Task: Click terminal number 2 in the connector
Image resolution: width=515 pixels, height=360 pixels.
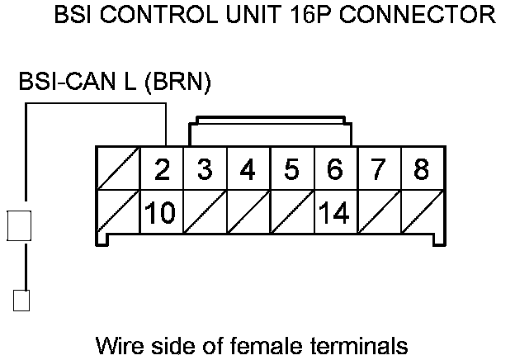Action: pos(163,169)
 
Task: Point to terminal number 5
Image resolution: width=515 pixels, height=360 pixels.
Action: pos(292,169)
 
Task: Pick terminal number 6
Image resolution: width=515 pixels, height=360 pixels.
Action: pos(335,169)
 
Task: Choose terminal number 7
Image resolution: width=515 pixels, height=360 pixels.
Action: pos(378,169)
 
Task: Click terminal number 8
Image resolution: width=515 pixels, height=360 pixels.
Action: pos(421,169)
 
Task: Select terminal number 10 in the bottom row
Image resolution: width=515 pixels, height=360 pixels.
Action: pos(160,213)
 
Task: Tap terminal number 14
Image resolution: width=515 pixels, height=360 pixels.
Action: pos(333,213)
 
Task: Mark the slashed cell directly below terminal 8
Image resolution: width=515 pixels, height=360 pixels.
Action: pos(421,213)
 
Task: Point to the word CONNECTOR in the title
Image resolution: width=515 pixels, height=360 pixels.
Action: pos(421,15)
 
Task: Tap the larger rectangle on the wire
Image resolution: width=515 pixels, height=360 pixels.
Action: pos(19,225)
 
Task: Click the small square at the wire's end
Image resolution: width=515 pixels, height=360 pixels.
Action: pos(21,299)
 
